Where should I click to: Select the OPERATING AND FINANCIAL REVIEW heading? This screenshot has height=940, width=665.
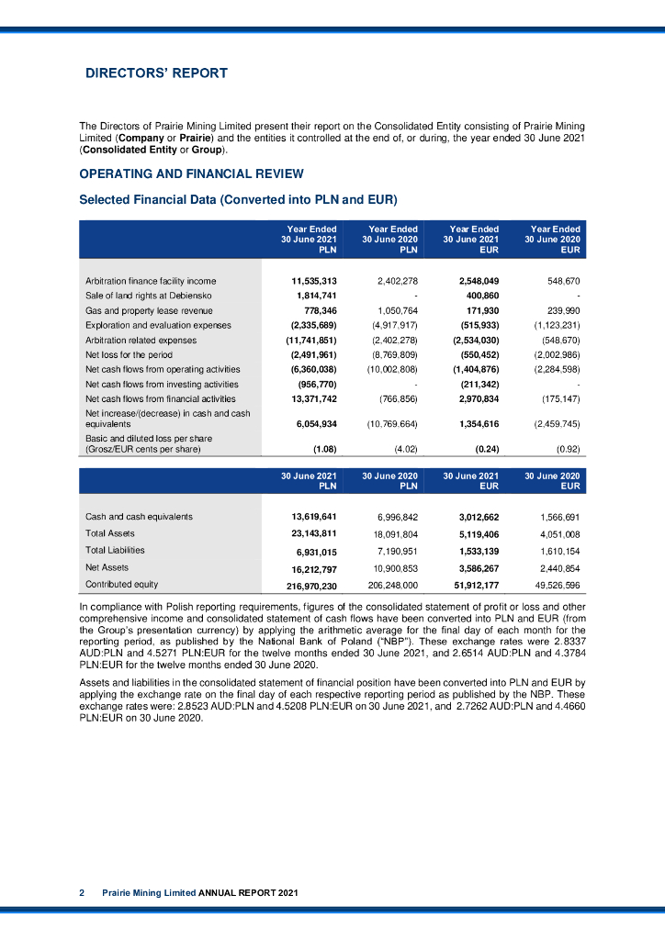(191, 173)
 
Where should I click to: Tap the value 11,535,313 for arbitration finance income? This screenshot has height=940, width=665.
(313, 280)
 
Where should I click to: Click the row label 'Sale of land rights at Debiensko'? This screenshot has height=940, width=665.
(148, 296)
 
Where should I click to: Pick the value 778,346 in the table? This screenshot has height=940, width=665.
(317, 310)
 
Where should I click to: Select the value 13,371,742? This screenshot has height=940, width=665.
(313, 399)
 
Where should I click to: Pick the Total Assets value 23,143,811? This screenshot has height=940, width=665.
(313, 532)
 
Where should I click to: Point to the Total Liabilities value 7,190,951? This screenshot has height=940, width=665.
(396, 550)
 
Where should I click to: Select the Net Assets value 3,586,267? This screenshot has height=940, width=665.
(477, 567)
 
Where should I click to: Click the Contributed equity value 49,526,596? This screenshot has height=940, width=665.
(558, 585)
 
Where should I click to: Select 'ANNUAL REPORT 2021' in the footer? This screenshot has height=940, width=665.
(248, 892)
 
